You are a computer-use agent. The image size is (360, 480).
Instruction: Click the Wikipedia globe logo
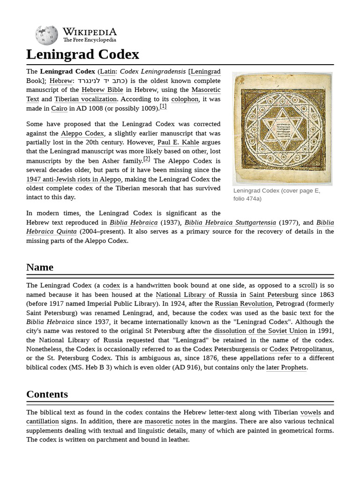pyautogui.click(x=46, y=35)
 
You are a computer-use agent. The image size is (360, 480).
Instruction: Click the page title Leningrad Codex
pyautogui.click(x=82, y=54)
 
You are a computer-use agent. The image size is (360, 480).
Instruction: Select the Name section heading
pyautogui.click(x=40, y=267)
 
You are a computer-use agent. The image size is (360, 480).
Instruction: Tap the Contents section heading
pyautogui.click(x=47, y=394)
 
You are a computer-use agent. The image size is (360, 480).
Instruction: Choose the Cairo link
pyautogui.click(x=59, y=108)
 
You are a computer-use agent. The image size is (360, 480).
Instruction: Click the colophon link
pyautogui.click(x=185, y=99)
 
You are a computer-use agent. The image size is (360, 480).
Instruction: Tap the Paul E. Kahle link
pyautogui.click(x=178, y=142)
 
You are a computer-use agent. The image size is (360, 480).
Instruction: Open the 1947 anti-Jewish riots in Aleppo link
pyautogui.click(x=74, y=179)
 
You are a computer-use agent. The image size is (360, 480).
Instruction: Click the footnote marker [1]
pyautogui.click(x=163, y=106)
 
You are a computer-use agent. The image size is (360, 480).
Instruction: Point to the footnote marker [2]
pyautogui.click(x=146, y=159)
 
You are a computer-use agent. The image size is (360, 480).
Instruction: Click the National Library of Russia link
pyautogui.click(x=196, y=295)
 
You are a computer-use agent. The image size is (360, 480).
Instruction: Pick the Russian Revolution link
pyautogui.click(x=243, y=304)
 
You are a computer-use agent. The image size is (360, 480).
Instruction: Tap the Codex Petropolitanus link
pyautogui.click(x=300, y=349)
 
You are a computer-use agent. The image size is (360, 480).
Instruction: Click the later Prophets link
pyautogui.click(x=286, y=367)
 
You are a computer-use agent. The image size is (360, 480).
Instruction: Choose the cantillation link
pyautogui.click(x=43, y=421)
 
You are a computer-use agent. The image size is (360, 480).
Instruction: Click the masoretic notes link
pyautogui.click(x=167, y=421)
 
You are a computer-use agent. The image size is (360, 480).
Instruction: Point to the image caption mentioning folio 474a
pyautogui.click(x=277, y=195)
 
